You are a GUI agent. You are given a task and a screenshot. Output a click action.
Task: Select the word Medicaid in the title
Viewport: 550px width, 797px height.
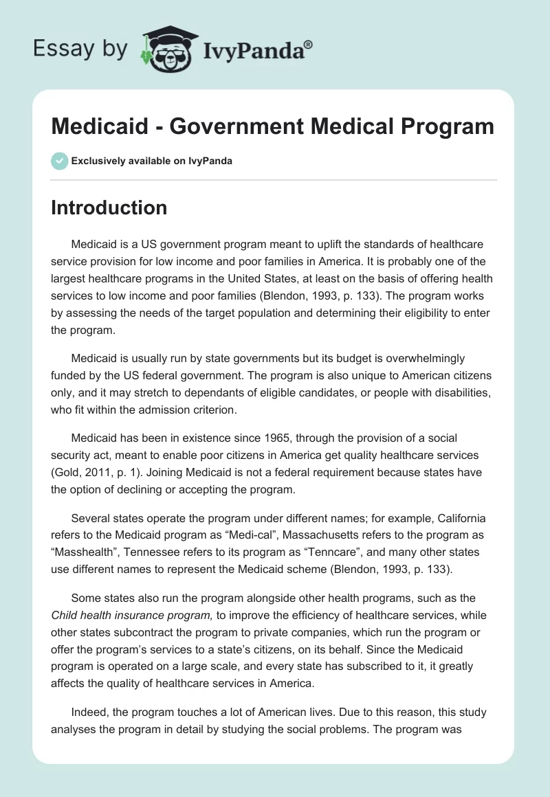[98, 126]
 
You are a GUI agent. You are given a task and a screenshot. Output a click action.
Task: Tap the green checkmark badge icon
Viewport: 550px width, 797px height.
[59, 161]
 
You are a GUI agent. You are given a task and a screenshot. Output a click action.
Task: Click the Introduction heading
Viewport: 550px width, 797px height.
[109, 207]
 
